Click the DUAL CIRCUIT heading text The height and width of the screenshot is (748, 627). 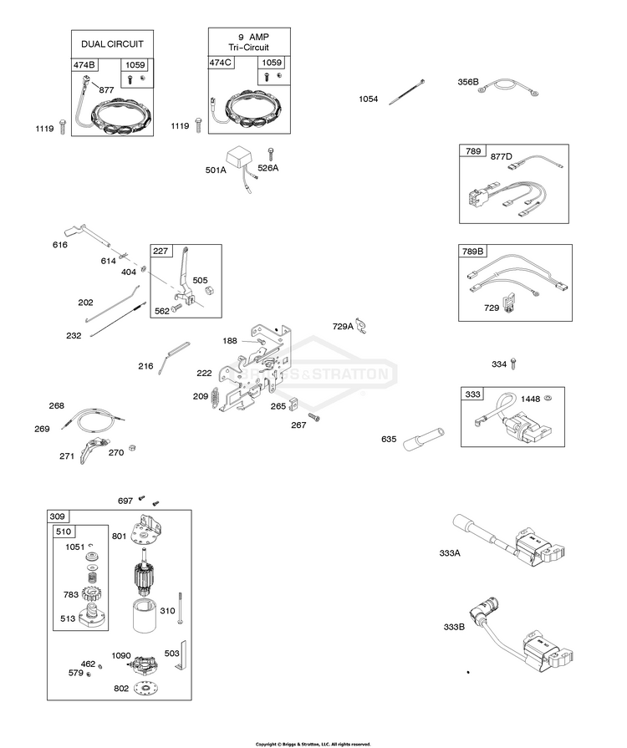point(112,43)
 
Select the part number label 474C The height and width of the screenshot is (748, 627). point(221,63)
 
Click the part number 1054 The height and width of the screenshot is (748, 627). point(369,99)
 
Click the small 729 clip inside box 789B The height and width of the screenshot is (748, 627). point(507,301)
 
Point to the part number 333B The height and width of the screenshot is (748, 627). point(455,628)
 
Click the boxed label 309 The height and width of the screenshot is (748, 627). point(59,516)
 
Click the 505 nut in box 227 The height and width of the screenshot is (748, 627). point(209,289)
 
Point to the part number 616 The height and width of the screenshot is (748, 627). point(60,245)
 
